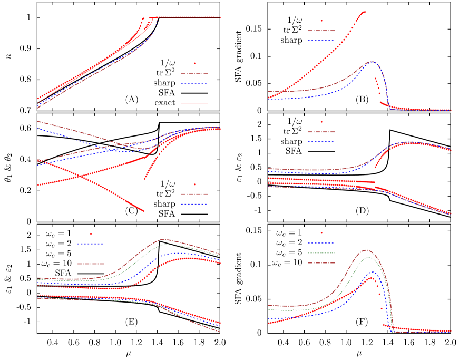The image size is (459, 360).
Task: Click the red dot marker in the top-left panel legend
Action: tap(194, 63)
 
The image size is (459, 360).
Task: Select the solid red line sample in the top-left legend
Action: tap(194, 103)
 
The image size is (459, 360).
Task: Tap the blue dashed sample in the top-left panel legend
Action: tap(194, 83)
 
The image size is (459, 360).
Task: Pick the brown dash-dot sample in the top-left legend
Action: tap(194, 73)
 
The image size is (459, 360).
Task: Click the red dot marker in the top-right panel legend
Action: tap(321, 21)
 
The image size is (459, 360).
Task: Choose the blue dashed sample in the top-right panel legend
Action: tap(321, 41)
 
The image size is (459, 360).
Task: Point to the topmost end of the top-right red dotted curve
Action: tap(364, 12)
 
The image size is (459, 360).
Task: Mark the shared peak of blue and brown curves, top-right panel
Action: tap(372, 62)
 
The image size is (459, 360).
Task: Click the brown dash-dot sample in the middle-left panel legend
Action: tap(194, 194)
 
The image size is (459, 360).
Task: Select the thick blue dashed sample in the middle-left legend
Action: tap(194, 204)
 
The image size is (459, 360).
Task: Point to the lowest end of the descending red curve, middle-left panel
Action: tap(144, 211)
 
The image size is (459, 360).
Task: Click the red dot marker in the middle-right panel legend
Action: tap(321, 122)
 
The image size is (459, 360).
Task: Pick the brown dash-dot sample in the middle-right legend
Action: tap(321, 132)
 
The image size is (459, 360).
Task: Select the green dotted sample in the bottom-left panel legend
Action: tap(91, 254)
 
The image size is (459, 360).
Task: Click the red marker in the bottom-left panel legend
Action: tap(91, 233)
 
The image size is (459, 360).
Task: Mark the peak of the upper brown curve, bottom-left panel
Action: tap(162, 239)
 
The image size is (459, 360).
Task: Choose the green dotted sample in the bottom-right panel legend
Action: tap(321, 252)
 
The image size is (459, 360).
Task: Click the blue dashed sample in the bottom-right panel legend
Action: tap(321, 242)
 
